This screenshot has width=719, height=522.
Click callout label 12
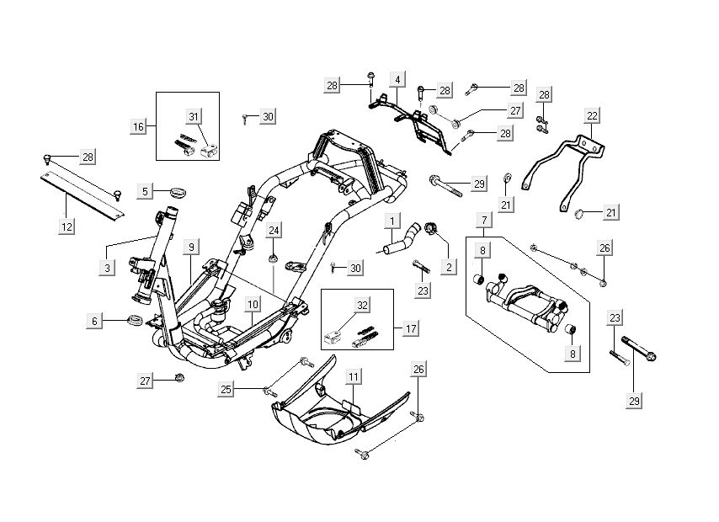tap(67, 226)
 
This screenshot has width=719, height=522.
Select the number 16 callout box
tap(138, 126)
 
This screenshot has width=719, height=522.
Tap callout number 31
tap(194, 115)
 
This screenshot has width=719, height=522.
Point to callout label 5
tap(145, 191)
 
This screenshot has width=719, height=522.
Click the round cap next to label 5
tap(176, 193)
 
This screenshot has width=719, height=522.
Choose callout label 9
tap(192, 247)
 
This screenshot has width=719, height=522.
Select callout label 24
tap(274, 230)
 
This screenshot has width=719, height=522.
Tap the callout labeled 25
tap(226, 389)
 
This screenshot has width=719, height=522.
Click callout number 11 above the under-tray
tap(354, 376)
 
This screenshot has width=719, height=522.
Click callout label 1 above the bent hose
tap(392, 221)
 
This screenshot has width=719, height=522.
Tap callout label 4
tap(396, 80)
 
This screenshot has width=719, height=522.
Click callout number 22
tap(593, 115)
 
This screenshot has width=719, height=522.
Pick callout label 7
tap(483, 221)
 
